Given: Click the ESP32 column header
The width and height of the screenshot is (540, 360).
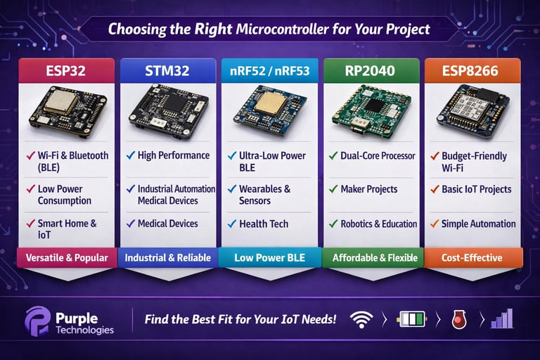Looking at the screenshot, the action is [67, 70].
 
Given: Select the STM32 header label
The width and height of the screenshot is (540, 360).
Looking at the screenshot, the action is [168, 70].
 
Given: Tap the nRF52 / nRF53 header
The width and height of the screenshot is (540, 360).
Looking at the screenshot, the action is [270, 70].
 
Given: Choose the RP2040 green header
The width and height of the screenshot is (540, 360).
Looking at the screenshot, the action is [371, 70].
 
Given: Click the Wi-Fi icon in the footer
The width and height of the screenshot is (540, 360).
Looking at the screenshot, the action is [361, 320].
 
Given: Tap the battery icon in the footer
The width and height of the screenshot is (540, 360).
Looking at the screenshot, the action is [412, 319].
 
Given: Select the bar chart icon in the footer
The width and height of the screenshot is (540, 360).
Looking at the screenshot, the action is [503, 319].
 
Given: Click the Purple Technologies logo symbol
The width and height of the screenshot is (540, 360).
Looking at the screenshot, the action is [38, 321].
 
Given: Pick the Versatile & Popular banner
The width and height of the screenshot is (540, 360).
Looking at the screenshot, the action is [67, 257].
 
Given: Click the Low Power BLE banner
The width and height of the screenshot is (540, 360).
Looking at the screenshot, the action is [270, 257].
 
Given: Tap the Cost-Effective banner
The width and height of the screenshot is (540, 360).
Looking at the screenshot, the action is [472, 257].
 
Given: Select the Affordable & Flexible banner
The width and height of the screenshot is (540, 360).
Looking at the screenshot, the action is [373, 257].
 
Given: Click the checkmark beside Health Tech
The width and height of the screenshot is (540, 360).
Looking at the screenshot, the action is [232, 224].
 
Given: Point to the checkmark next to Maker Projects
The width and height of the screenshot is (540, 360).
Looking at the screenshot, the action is [333, 188].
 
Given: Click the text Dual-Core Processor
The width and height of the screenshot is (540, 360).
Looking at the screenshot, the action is [378, 155].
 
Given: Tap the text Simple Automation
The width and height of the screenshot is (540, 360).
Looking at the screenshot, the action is [478, 224].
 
